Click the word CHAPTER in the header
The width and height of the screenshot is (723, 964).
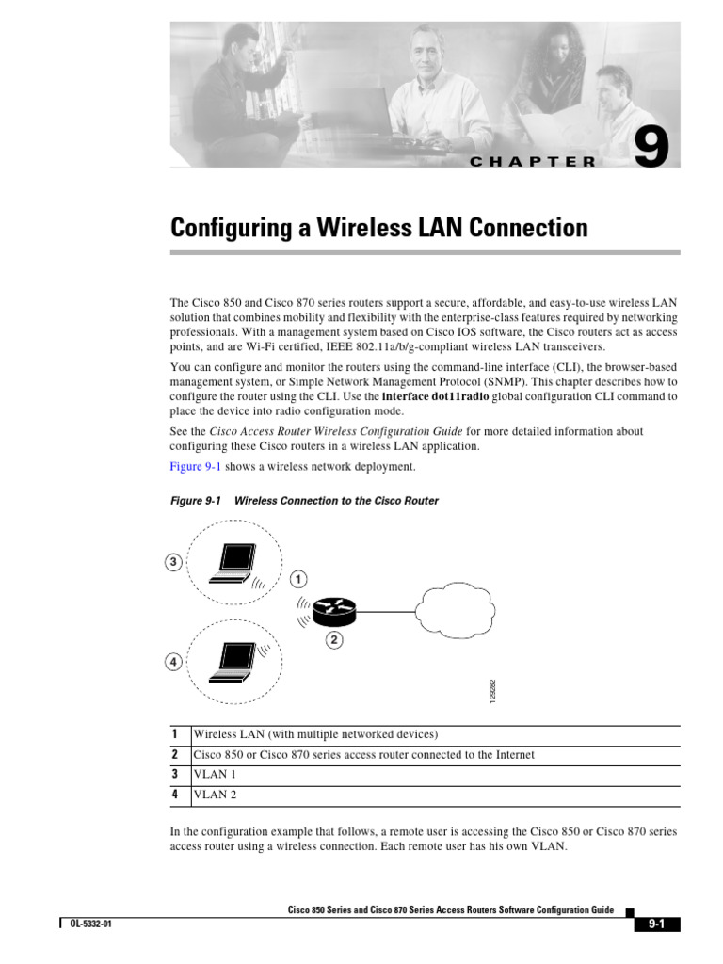coord(533,161)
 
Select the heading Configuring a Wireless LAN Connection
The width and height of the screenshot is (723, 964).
coord(378,228)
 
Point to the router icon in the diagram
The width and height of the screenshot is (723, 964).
coord(335,612)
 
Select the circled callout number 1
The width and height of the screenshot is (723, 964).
coord(297,577)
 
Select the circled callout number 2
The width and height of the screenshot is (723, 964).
coord(334,641)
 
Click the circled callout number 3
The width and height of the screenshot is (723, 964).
coord(173,563)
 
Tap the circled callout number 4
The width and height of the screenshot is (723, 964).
coord(173,663)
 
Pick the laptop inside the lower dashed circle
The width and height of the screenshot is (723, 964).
coord(230,661)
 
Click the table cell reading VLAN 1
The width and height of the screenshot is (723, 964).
coord(215,775)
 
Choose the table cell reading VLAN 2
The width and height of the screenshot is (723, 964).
coord(215,795)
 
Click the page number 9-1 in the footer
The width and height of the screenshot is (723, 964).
coord(656,924)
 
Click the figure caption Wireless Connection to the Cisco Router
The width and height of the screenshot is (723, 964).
coord(336,501)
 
